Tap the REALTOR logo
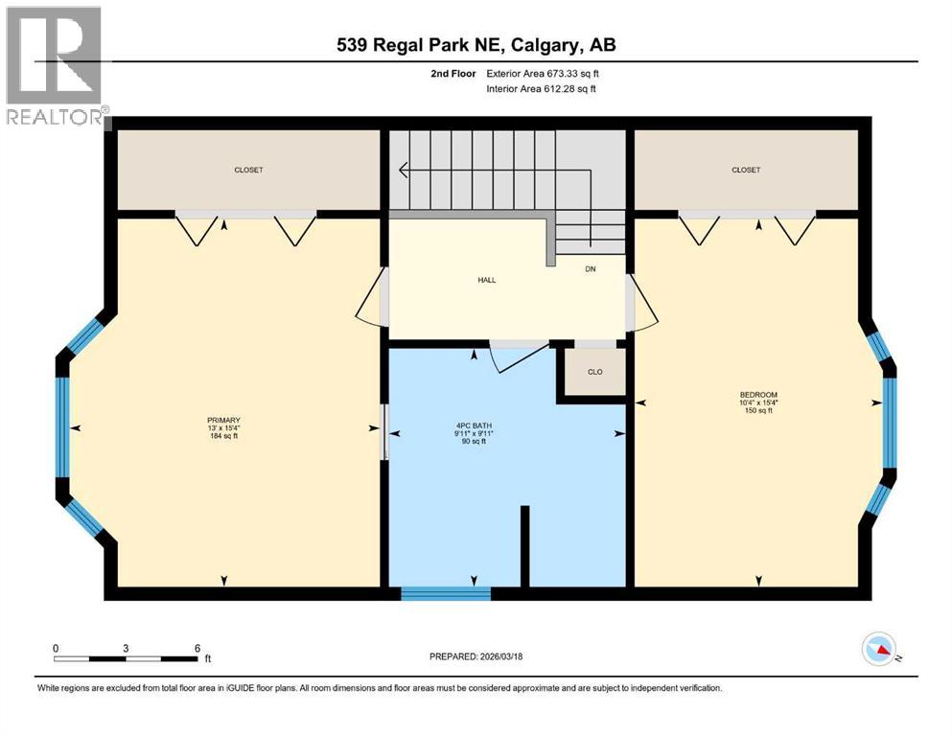tap(56, 67)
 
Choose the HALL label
tap(488, 280)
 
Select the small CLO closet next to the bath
tap(594, 372)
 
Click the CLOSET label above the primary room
tap(248, 170)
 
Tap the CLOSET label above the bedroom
tap(746, 170)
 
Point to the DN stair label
tap(591, 269)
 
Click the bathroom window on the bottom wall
tap(446, 593)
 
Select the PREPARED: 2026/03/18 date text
tap(475, 656)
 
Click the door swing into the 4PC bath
tap(513, 359)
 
